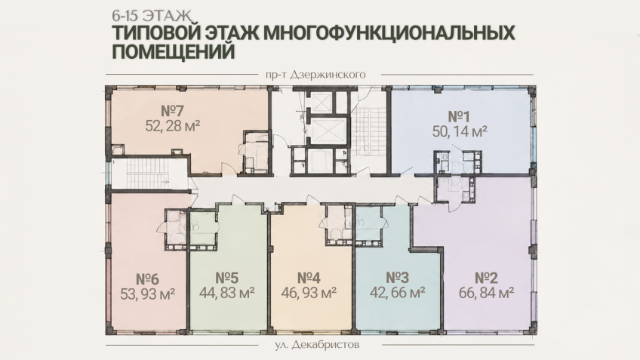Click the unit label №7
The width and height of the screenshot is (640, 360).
[172, 111]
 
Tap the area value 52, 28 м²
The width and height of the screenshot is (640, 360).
[173, 125]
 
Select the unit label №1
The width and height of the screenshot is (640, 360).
[459, 117]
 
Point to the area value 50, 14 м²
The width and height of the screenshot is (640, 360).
[460, 131]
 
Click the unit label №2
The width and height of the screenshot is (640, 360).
[486, 278]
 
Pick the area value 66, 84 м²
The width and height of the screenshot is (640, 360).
[486, 293]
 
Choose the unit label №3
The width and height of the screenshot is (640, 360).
[397, 278]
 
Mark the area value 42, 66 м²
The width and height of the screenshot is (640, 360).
[398, 293]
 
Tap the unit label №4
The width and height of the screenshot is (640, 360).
[309, 278]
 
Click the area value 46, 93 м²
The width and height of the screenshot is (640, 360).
[309, 293]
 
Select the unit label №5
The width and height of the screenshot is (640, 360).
[226, 278]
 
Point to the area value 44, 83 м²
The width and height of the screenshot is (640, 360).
[227, 293]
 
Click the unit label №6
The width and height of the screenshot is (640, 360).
[147, 279]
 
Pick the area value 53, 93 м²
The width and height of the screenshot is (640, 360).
[148, 294]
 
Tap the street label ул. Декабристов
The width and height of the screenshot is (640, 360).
[317, 345]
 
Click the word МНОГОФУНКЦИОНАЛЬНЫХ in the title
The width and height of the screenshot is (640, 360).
[389, 33]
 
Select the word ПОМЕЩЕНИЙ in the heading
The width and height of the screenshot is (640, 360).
[173, 52]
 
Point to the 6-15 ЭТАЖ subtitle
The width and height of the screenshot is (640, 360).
[151, 16]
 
